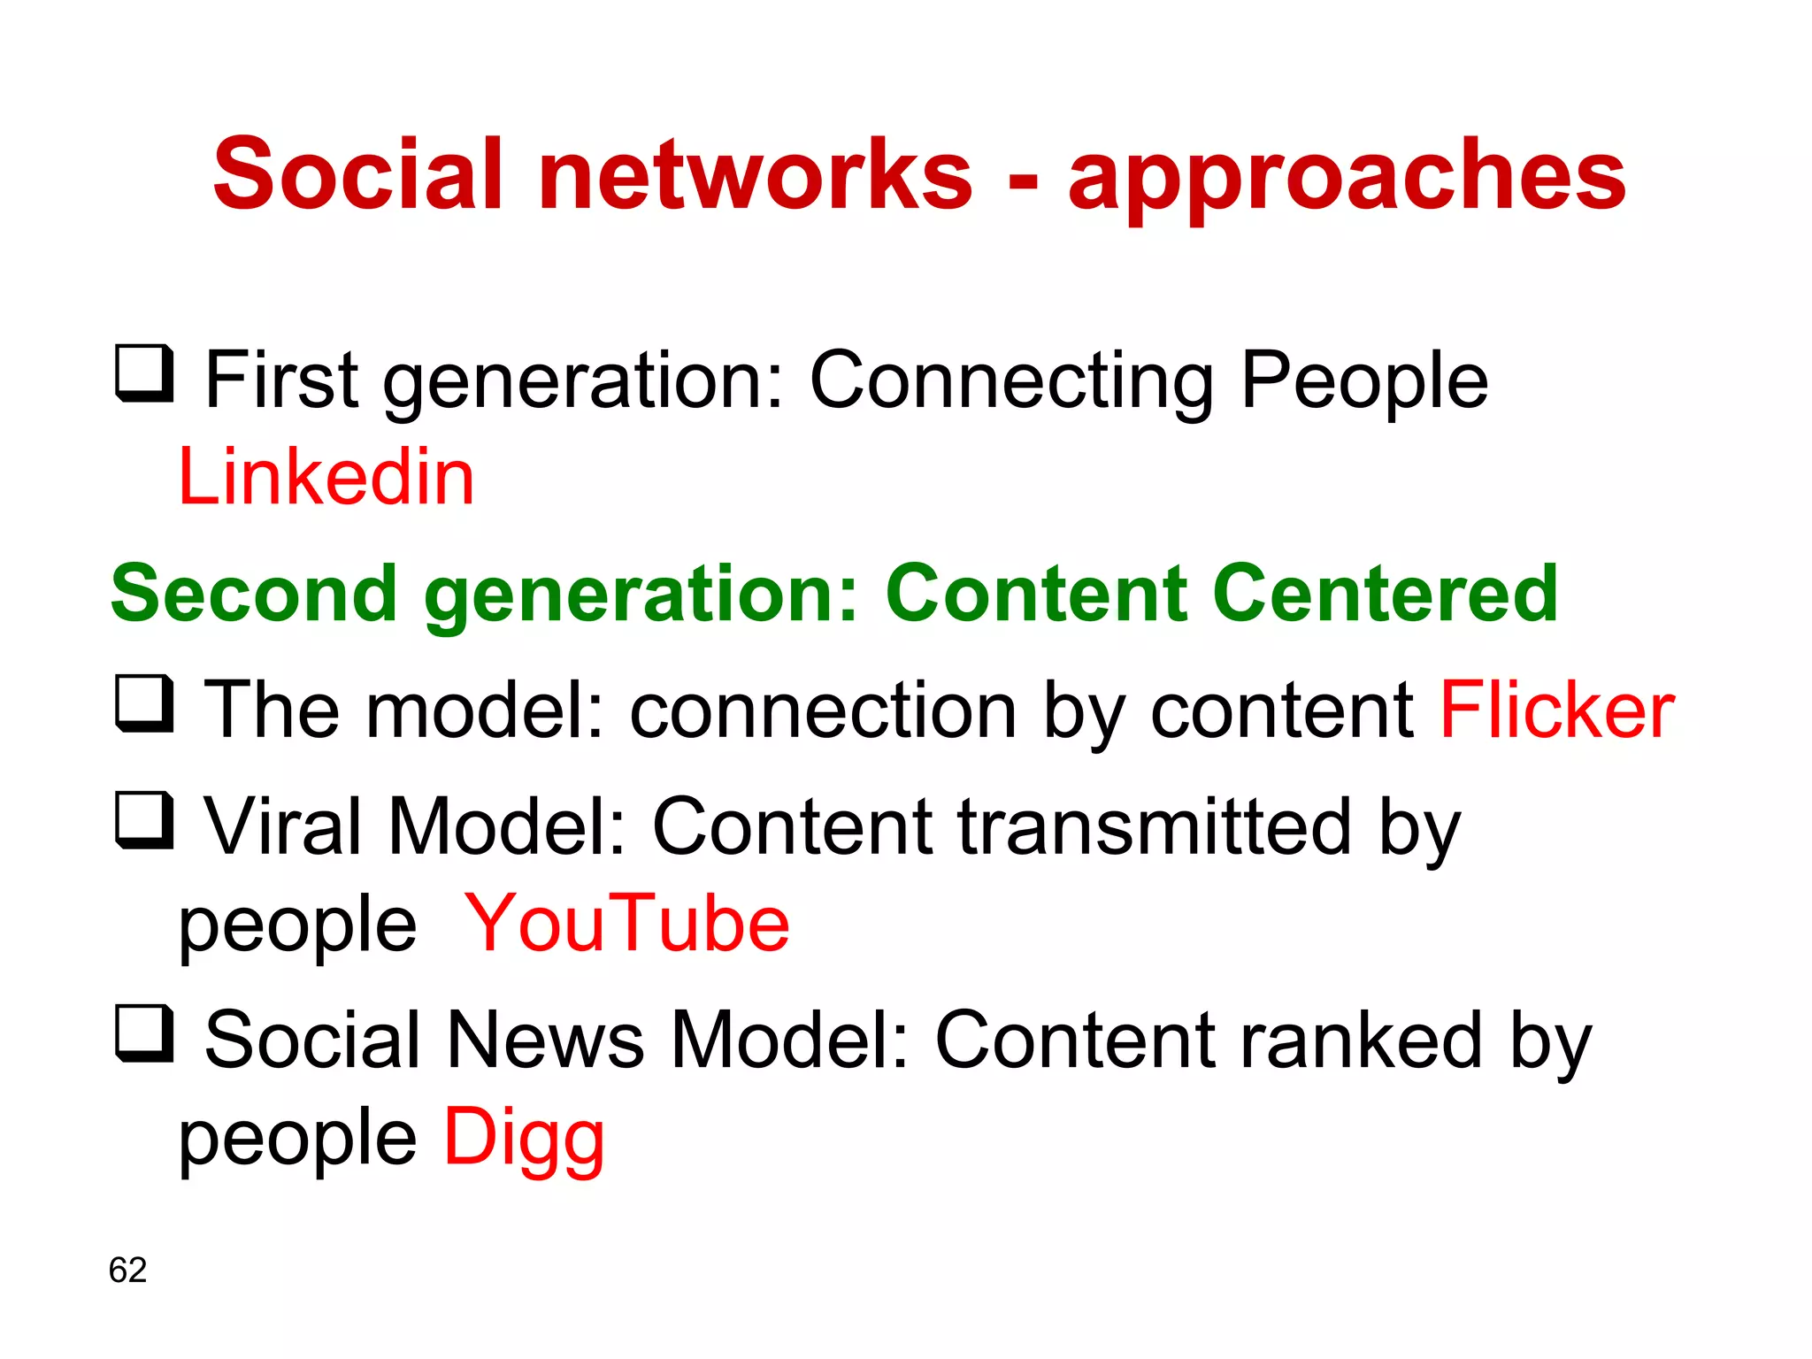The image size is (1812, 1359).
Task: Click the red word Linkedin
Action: tap(326, 478)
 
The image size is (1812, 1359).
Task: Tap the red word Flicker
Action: tap(1556, 710)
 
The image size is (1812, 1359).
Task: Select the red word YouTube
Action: tap(626, 924)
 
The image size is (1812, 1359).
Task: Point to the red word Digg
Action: tap(524, 1139)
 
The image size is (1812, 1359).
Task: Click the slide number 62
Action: tap(127, 1270)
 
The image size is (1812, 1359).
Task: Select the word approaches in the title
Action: tap(1347, 177)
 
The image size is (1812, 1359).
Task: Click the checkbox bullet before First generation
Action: tap(144, 373)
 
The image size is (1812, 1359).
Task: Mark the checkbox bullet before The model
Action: tap(144, 703)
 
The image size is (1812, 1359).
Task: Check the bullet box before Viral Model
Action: tap(144, 820)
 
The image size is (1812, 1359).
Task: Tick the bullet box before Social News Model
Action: tap(144, 1033)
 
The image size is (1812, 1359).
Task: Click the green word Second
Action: tap(254, 594)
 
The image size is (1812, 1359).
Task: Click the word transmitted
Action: tap(1154, 827)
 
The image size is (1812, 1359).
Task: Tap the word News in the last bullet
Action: tap(545, 1040)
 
